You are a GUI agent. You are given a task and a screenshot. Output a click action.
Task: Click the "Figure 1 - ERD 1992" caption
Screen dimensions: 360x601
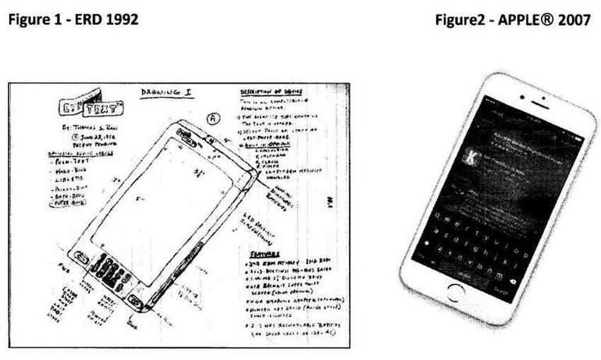click(73, 20)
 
